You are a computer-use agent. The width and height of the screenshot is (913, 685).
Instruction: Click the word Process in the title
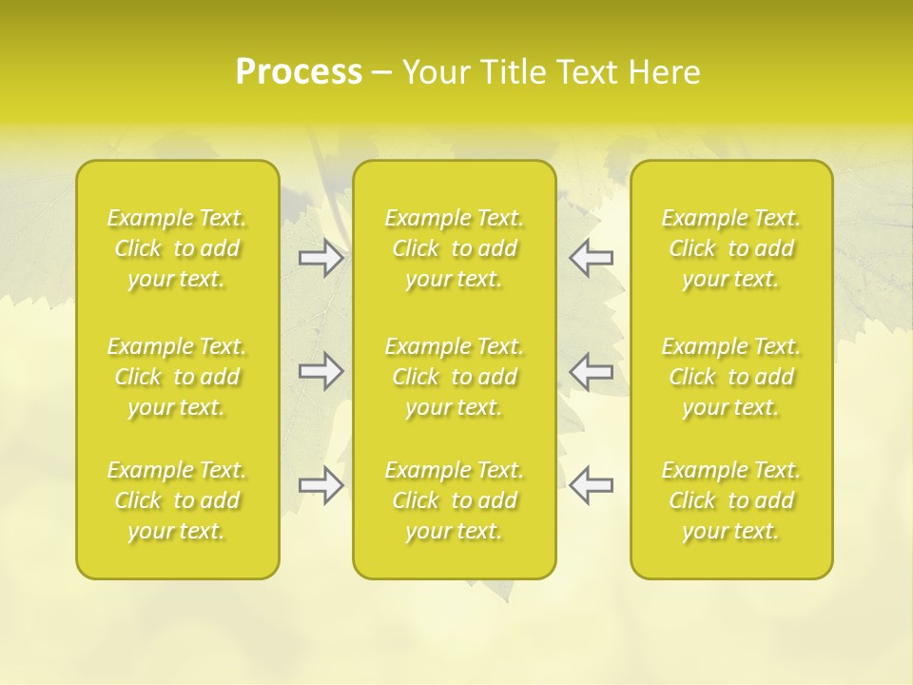click(299, 72)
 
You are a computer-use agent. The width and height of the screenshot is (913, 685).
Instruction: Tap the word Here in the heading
click(664, 72)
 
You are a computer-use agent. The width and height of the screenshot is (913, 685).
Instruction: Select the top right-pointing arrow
click(321, 258)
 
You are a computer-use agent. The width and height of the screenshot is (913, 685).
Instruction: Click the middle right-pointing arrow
click(321, 370)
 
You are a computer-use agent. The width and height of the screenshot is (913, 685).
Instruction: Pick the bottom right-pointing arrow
click(321, 485)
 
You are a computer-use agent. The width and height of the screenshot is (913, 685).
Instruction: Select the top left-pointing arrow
click(592, 258)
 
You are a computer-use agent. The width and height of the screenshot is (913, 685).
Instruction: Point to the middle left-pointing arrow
click(592, 370)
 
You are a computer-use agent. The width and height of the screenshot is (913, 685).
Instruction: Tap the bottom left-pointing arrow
click(592, 485)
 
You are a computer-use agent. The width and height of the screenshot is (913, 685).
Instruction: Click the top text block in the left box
click(177, 248)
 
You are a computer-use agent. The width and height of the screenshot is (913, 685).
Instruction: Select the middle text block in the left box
click(177, 377)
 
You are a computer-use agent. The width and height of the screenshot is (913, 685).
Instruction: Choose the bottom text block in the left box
click(177, 500)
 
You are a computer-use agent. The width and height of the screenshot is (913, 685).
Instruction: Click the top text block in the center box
click(455, 248)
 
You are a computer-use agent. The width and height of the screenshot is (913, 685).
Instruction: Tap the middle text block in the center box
click(455, 377)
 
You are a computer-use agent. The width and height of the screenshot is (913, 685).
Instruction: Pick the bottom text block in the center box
click(455, 500)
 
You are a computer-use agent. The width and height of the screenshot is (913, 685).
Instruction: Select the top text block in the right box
click(731, 248)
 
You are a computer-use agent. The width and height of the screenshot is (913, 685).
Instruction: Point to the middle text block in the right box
click(731, 377)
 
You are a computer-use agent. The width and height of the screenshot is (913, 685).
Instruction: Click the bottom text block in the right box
click(731, 500)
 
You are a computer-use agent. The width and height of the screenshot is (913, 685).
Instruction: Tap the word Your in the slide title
click(435, 72)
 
